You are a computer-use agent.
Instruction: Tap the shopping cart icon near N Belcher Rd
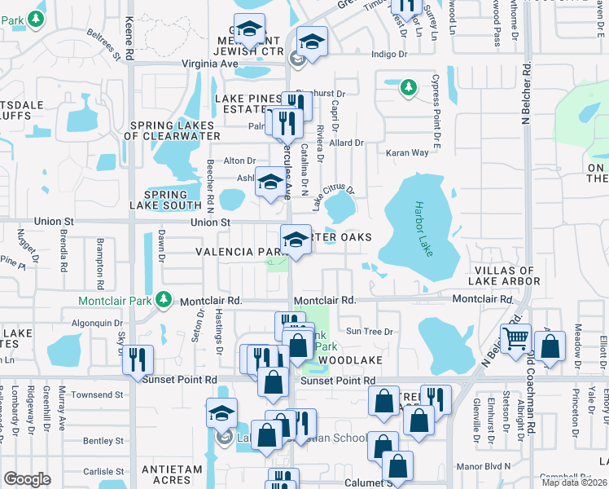[x=516, y=338]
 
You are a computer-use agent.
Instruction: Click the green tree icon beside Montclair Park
[x=164, y=300]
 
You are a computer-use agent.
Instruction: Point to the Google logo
[x=27, y=478]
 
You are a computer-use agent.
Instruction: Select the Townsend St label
[x=97, y=394]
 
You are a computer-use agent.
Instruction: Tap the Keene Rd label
[x=129, y=38]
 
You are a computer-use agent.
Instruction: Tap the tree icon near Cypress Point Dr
[x=408, y=86]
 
